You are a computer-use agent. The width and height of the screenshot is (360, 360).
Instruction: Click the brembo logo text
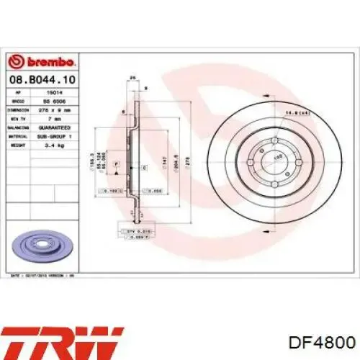(35, 60)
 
